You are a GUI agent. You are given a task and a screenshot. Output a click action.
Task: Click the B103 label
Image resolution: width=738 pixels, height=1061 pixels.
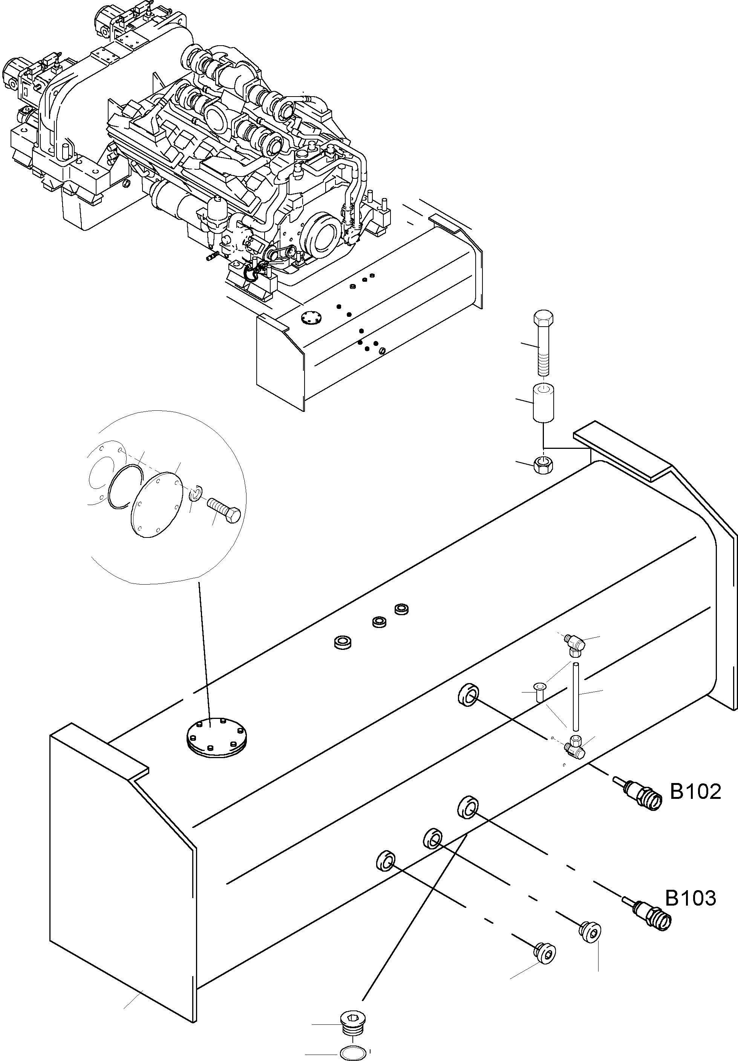pyautogui.click(x=691, y=898)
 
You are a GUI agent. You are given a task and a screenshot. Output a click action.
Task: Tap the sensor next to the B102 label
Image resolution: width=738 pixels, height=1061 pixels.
pyautogui.click(x=637, y=792)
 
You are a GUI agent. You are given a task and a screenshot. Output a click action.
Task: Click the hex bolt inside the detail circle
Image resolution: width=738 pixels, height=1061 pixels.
pyautogui.click(x=224, y=510)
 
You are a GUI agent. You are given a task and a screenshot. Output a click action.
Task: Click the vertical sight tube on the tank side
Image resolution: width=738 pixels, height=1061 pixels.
pyautogui.click(x=576, y=701)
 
